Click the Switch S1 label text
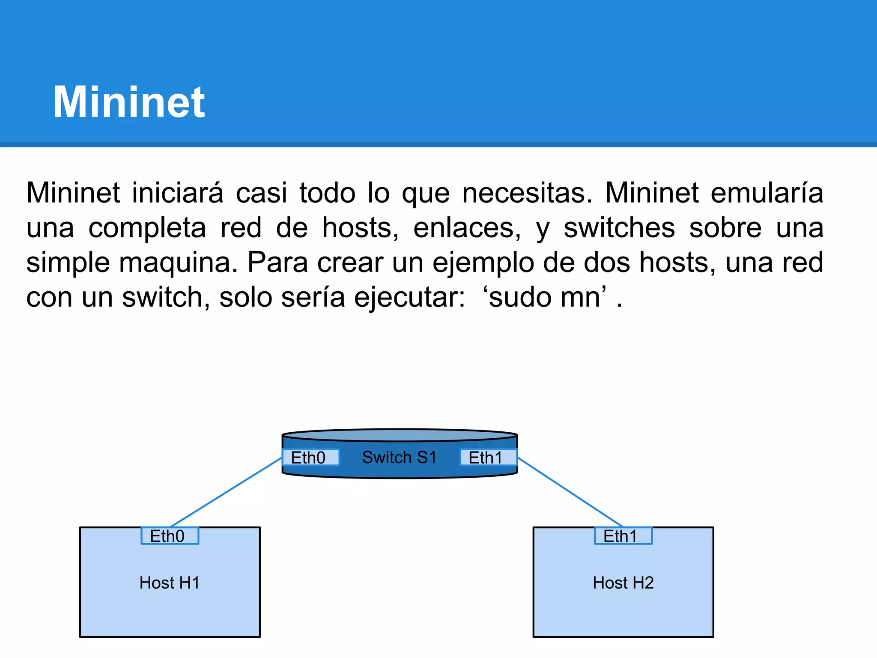399,457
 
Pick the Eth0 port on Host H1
170,536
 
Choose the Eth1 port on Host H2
623,536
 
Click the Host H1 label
170,583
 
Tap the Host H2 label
623,583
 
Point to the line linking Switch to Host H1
226,493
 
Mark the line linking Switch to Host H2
570,492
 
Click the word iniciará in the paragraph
177,193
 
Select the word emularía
767,193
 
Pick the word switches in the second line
619,228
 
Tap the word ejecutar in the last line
409,297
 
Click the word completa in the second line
147,228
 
